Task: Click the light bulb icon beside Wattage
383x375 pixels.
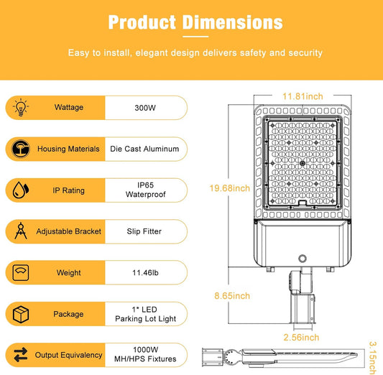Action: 21,107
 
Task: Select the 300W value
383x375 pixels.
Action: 145,108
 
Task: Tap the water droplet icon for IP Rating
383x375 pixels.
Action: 21,190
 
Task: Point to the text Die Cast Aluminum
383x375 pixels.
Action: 144,149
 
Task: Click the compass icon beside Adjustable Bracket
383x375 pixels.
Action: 21,231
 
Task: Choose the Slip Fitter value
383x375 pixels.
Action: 144,231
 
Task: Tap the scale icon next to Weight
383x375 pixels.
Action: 21,272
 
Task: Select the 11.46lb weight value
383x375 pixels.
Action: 145,272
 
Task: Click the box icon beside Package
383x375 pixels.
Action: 21,314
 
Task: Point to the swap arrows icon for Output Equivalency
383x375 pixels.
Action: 21,355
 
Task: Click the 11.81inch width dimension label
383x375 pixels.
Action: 303,96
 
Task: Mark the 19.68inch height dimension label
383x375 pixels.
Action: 230,188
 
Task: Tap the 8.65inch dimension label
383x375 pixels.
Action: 232,296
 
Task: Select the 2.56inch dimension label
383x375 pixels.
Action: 301,338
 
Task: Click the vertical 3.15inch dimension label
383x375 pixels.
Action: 373,358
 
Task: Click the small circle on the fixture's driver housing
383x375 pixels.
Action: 303,259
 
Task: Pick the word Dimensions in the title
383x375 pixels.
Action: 233,22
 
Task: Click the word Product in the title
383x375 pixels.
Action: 142,22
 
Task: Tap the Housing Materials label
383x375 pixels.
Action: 68,149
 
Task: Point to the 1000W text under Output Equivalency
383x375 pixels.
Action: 146,350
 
